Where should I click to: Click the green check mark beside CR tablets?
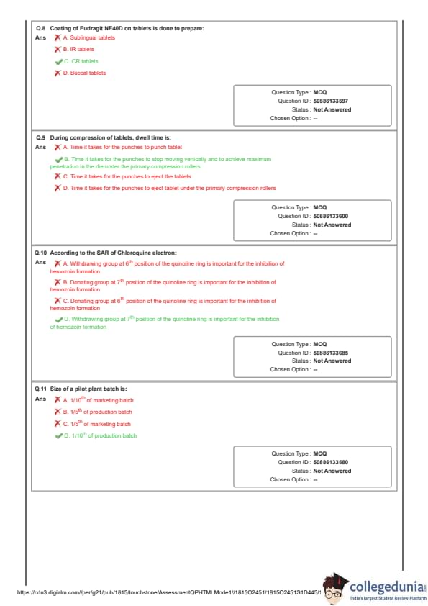point(59,62)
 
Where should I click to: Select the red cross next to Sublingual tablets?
point(58,37)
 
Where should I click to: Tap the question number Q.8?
point(40,28)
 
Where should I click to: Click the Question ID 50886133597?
point(331,101)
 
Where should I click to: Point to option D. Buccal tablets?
point(84,73)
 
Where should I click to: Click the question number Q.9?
point(40,137)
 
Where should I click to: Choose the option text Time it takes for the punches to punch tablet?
point(122,147)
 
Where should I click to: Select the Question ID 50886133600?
point(331,216)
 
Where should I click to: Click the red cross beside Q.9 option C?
point(58,176)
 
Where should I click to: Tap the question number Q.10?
point(40,253)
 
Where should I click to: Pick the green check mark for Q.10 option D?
point(59,320)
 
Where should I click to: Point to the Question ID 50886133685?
point(331,353)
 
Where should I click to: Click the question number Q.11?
point(40,389)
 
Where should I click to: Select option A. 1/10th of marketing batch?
point(99,400)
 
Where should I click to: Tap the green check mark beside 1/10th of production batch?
point(59,436)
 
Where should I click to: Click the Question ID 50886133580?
point(331,462)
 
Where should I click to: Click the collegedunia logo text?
point(388,587)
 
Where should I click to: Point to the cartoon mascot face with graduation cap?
point(334,588)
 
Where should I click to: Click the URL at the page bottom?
point(169,592)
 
